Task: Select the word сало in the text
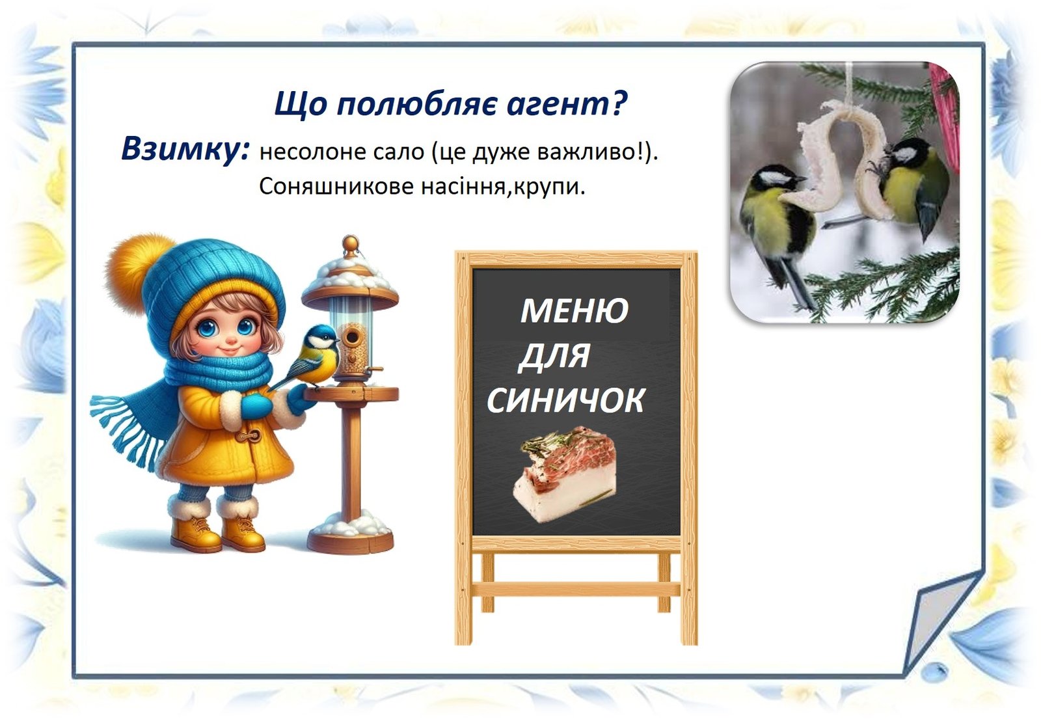(396, 152)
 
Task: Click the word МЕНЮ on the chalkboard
(575, 310)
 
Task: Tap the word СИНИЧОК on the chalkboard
(565, 400)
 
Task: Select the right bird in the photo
(911, 186)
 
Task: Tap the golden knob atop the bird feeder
(351, 244)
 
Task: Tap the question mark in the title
(619, 103)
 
